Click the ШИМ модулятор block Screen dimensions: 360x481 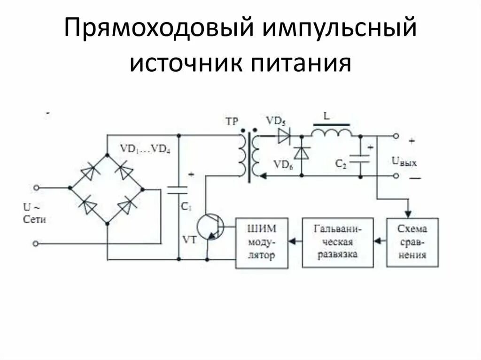point(262,243)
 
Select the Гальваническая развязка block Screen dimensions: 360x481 point(337,242)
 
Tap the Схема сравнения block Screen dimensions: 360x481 point(412,242)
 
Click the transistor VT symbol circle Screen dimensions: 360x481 point(209,227)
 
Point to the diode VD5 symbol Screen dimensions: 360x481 point(284,136)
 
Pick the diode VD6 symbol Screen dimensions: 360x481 point(301,153)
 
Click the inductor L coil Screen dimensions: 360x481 point(331,133)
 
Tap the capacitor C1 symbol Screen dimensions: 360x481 point(178,190)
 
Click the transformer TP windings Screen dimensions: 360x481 point(249,155)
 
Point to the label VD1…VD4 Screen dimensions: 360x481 point(145,149)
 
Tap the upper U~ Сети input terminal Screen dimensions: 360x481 point(36,188)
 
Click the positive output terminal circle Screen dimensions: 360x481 point(396,136)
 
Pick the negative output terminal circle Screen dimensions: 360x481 point(396,176)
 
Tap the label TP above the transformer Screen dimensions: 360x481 point(232,121)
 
